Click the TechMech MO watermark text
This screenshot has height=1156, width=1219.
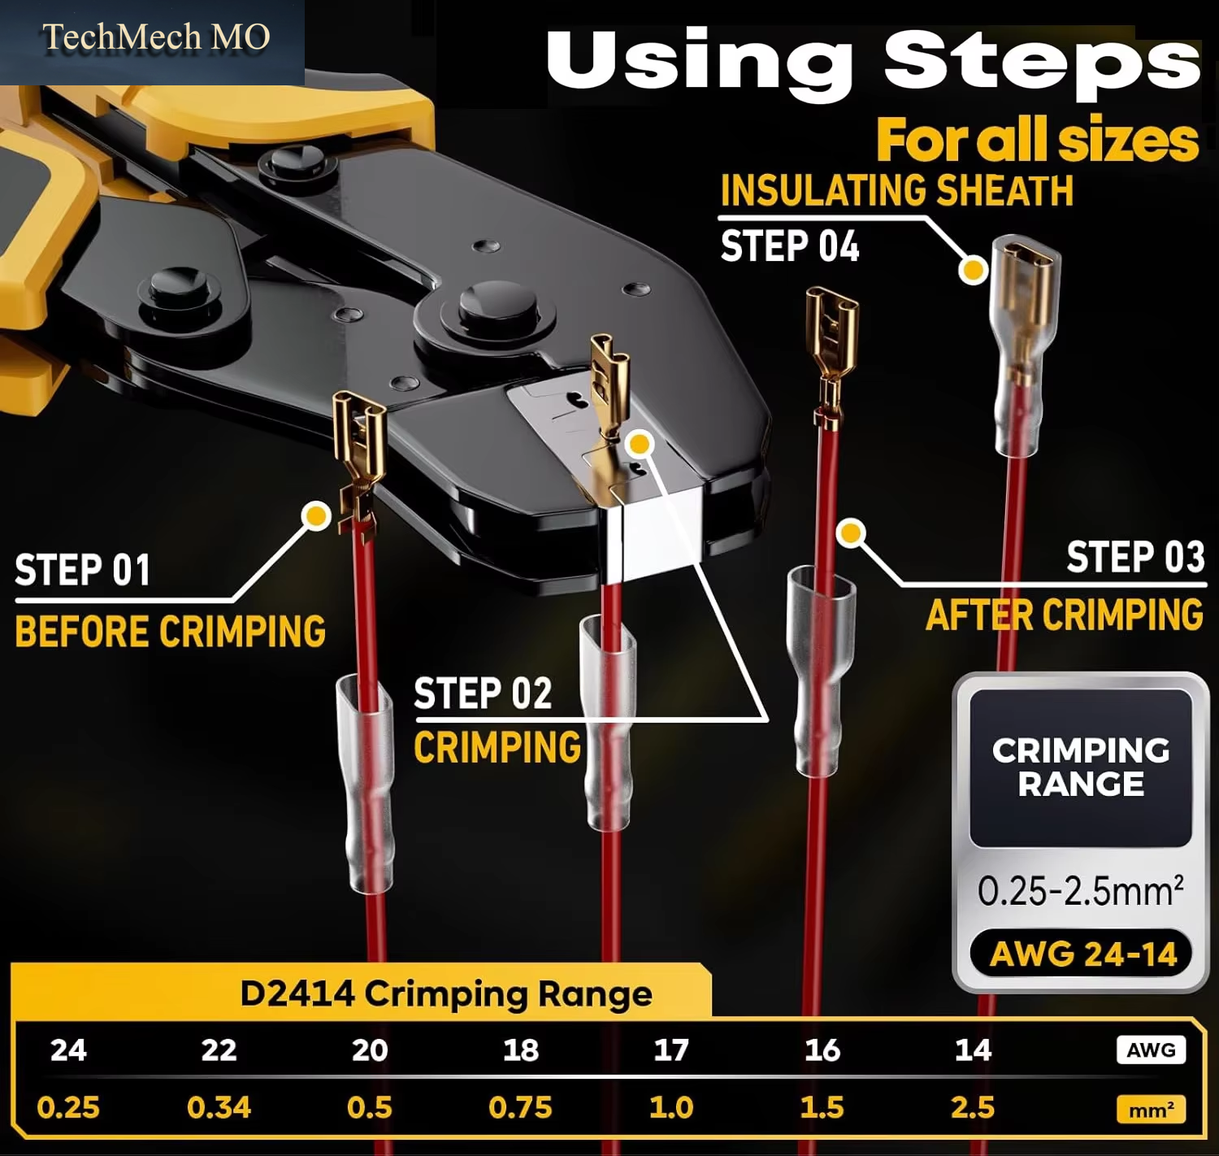(x=156, y=37)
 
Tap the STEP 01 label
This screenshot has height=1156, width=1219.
(x=82, y=570)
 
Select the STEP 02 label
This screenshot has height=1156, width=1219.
(x=483, y=693)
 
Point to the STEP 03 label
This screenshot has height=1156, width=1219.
(x=1135, y=557)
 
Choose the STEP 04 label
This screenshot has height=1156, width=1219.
(x=789, y=246)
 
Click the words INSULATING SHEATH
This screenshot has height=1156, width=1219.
(x=896, y=190)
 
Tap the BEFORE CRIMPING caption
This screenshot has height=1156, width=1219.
(x=170, y=631)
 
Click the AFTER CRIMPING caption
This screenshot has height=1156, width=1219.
(x=1065, y=615)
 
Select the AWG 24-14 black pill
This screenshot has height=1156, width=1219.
(x=1081, y=953)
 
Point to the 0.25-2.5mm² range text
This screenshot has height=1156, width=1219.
(x=1081, y=890)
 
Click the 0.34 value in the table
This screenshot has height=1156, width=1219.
(x=219, y=1107)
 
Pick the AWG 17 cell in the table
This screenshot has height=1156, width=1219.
(x=671, y=1050)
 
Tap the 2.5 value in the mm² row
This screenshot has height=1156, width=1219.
(x=972, y=1107)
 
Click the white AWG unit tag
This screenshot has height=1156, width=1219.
(x=1151, y=1050)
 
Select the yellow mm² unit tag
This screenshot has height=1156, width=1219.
(x=1151, y=1109)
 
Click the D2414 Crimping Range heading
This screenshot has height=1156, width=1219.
(x=446, y=994)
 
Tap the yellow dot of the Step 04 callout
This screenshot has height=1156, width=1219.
(x=974, y=270)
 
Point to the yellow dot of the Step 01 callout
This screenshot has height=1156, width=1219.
(x=316, y=515)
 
